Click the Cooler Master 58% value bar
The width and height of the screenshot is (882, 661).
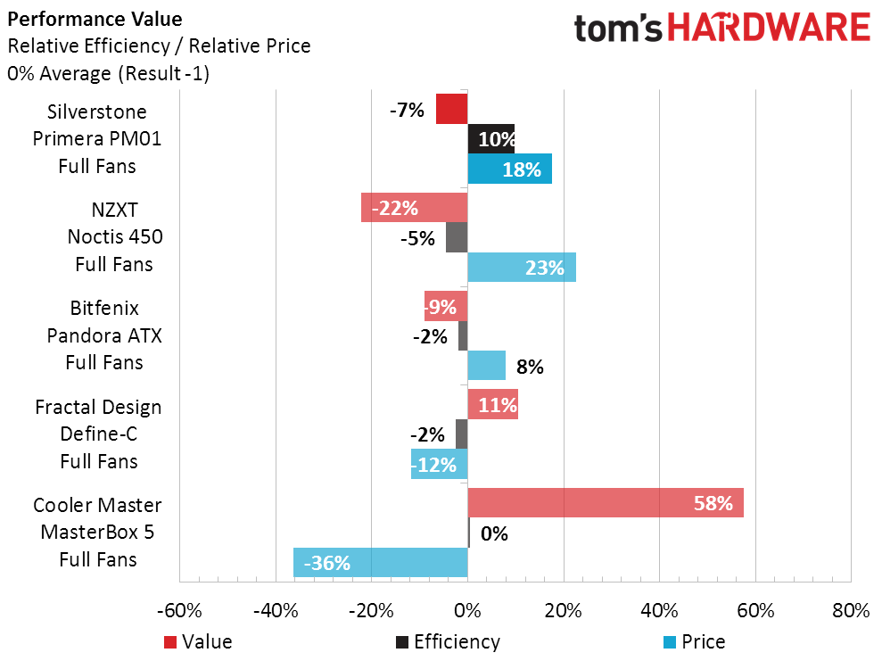[x=606, y=503]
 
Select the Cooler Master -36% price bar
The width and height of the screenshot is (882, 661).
[x=381, y=562]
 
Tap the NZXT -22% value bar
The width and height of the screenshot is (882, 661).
[x=414, y=208]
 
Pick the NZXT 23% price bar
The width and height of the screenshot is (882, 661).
[x=522, y=267]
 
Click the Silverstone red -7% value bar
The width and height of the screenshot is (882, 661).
[x=451, y=110]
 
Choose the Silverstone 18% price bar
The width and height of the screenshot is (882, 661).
[x=510, y=169]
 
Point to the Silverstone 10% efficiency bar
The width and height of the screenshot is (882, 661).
[x=491, y=139]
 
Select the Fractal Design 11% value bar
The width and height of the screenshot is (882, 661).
[x=493, y=404]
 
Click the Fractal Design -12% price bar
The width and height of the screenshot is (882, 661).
[x=440, y=464]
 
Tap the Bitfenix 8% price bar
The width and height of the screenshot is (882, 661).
[x=487, y=366]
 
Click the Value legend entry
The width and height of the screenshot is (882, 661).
[x=198, y=641]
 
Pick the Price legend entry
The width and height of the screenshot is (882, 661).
[x=695, y=641]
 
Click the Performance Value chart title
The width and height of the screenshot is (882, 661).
[x=95, y=19]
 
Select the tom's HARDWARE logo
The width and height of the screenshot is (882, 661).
[x=721, y=27]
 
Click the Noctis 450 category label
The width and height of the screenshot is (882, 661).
[x=115, y=236]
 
